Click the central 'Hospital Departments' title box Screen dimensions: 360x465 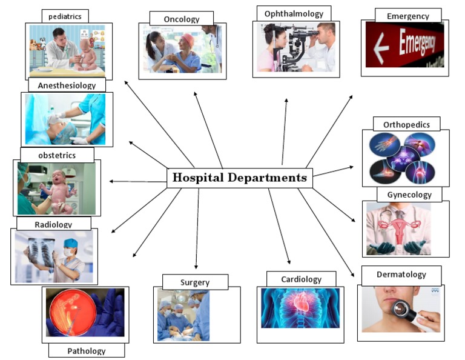pyautogui.click(x=240, y=178)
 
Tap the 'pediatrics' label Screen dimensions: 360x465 pyautogui.click(x=65, y=16)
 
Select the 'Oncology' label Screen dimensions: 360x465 pyautogui.click(x=181, y=19)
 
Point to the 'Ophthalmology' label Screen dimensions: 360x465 pyautogui.click(x=293, y=13)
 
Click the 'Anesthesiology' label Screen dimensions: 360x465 pyautogui.click(x=67, y=85)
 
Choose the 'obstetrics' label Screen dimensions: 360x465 pyautogui.click(x=57, y=155)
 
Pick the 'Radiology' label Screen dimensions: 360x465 pyautogui.click(x=53, y=224)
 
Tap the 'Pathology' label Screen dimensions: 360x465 pyautogui.click(x=86, y=350)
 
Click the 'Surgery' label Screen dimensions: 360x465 pyautogui.click(x=195, y=282)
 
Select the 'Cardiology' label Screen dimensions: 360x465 pyautogui.click(x=301, y=279)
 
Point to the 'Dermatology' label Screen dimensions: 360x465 pyautogui.click(x=401, y=275)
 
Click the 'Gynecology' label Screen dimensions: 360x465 pyautogui.click(x=409, y=195)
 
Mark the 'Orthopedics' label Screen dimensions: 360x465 pyautogui.click(x=406, y=124)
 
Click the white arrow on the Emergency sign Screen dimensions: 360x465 pyautogui.click(x=381, y=49)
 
